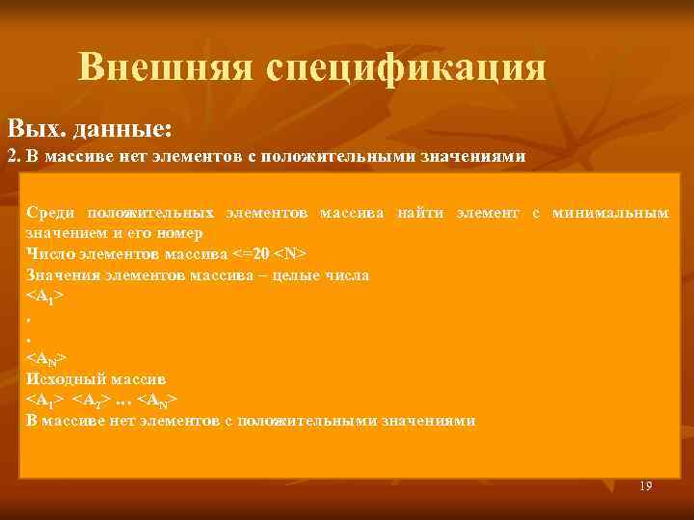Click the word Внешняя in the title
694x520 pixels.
[165, 67]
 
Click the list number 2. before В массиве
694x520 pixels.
[13, 156]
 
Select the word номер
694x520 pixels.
[180, 233]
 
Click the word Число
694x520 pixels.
[48, 254]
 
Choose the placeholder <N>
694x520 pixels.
[291, 254]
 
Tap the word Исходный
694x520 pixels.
[66, 378]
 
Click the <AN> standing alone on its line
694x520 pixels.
[46, 358]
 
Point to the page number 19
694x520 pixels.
[645, 487]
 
